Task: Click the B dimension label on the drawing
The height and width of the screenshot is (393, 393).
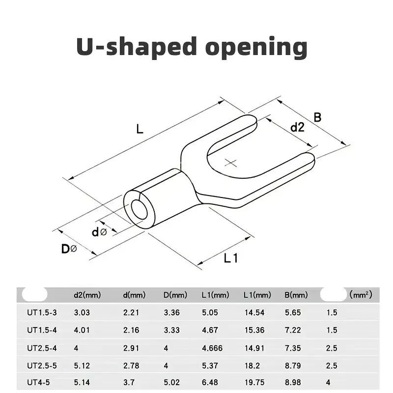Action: pyautogui.click(x=317, y=117)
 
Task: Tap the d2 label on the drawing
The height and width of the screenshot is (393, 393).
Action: pyautogui.click(x=297, y=127)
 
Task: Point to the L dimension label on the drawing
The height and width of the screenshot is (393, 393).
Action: pyautogui.click(x=140, y=129)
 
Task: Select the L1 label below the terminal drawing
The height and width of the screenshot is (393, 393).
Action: pyautogui.click(x=230, y=258)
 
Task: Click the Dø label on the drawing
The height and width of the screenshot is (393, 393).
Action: pyautogui.click(x=69, y=249)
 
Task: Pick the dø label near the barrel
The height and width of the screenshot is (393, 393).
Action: pyautogui.click(x=99, y=232)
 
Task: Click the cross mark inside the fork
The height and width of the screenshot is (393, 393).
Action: pyautogui.click(x=230, y=163)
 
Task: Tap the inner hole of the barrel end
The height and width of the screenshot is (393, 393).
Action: pyautogui.click(x=140, y=209)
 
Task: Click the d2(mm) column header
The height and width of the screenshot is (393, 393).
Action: pyautogui.click(x=87, y=295)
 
